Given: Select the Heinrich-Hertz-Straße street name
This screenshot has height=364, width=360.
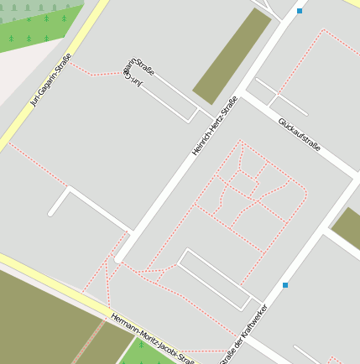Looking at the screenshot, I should [x=215, y=125].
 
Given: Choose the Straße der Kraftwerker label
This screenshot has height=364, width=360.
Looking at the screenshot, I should [x=243, y=335].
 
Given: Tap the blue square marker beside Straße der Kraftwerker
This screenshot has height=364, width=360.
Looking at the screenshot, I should [x=285, y=285].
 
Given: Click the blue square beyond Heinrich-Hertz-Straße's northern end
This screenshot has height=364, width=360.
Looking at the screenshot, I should [x=300, y=11].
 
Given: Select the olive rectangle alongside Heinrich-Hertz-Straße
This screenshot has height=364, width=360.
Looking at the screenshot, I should [x=232, y=56].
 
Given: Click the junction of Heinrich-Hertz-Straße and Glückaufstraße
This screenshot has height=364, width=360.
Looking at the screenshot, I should [x=243, y=93].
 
